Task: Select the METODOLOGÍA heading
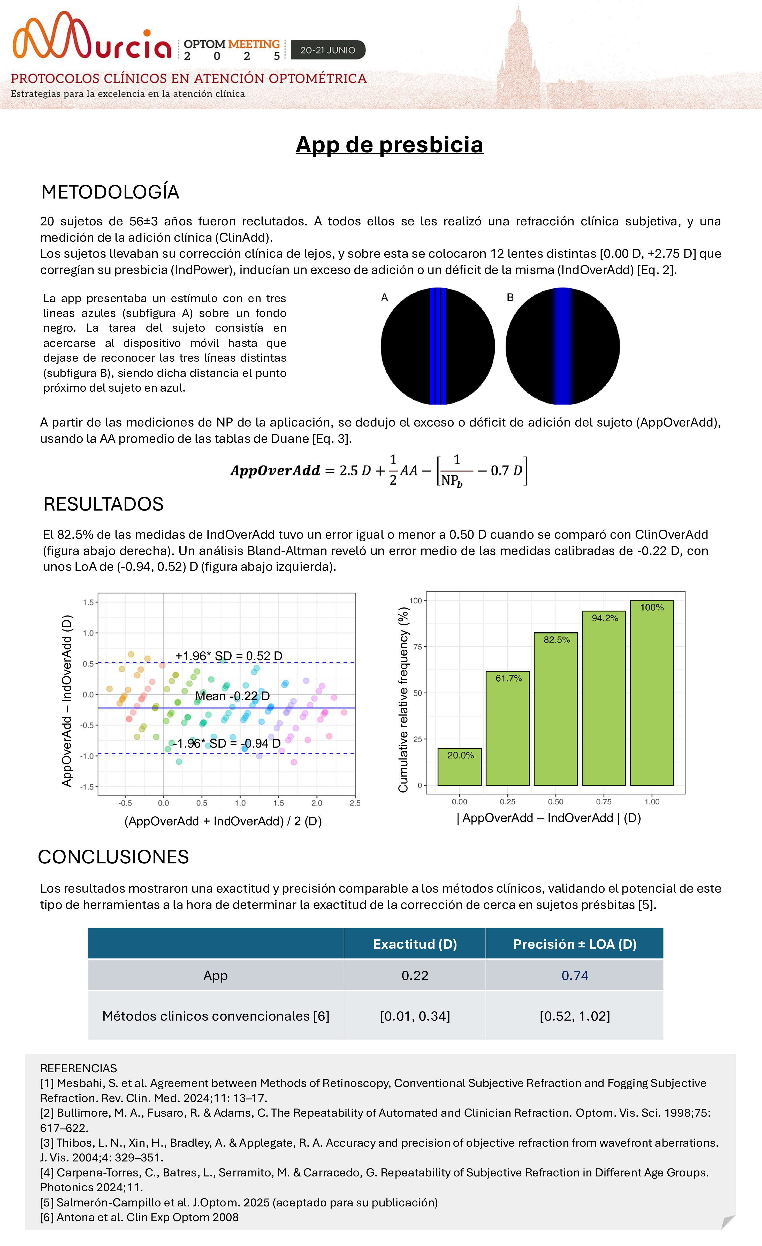pos(110,192)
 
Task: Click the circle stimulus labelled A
pos(437,346)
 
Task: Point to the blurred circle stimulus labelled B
pos(562,346)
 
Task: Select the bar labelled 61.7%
pos(507,728)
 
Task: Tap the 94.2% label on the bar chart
pos(605,618)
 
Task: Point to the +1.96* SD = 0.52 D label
pos(228,656)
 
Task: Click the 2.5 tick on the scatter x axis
pos(355,803)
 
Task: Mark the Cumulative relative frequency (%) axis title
pos(403,699)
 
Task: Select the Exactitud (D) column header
pos(415,944)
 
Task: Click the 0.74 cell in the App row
pos(574,975)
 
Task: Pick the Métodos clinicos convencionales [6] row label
pos(216,1016)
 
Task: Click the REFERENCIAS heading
pos(78,1068)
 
